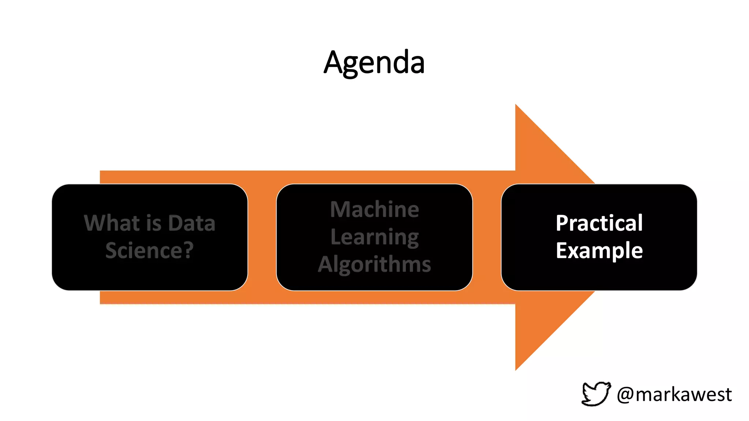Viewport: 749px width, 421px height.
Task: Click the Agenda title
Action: pos(374,62)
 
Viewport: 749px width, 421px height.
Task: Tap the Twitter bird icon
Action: pos(596,394)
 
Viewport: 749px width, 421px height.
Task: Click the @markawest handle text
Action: pos(674,394)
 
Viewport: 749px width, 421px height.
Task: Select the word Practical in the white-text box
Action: pos(599,223)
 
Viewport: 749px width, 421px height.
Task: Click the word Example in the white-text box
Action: pos(599,251)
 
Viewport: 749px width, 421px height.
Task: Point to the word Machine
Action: pos(374,209)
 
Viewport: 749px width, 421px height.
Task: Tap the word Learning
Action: pos(374,238)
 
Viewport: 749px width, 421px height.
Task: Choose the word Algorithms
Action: pos(374,264)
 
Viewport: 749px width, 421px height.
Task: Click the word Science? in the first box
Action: pos(149,251)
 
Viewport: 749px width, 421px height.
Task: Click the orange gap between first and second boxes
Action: pos(262,238)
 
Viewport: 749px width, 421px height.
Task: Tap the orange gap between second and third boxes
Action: pos(487,238)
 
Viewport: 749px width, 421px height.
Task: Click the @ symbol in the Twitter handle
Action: pos(625,395)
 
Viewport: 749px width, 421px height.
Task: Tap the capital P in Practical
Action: pos(562,223)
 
